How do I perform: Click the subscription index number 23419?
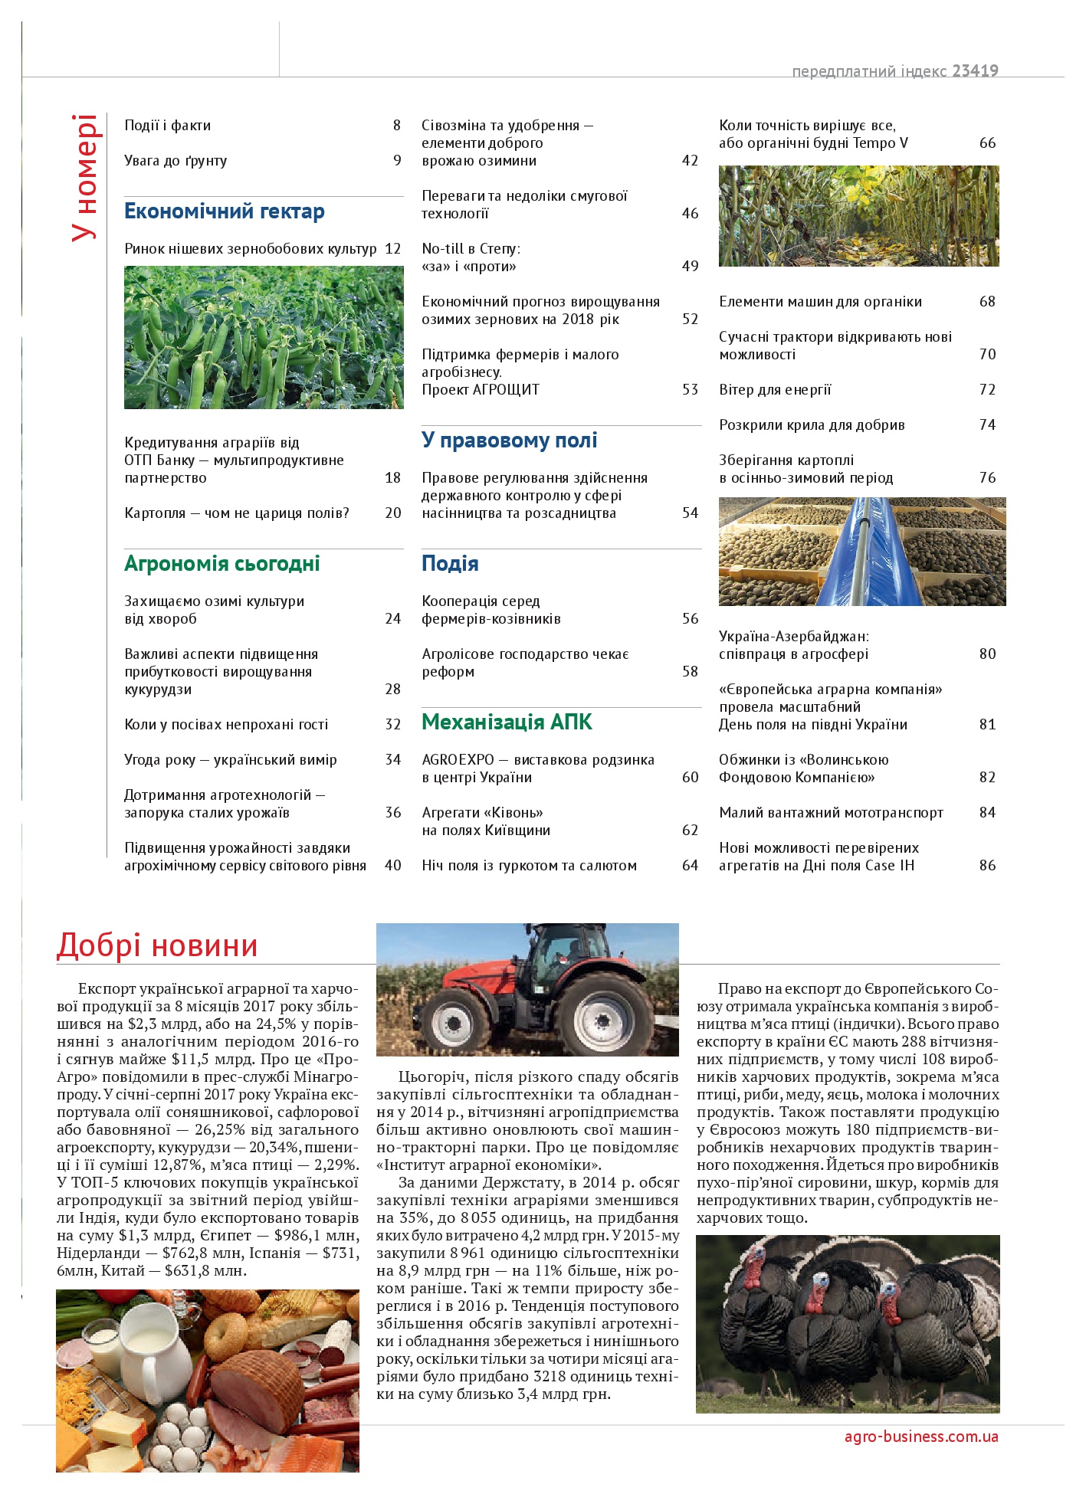975,71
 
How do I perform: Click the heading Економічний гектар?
225,211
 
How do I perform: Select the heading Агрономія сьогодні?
222,564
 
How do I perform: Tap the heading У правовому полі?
509,441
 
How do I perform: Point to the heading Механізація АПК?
507,722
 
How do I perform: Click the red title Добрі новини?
157,945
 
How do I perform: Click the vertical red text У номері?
84,178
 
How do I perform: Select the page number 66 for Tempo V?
987,143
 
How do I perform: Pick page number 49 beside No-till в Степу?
690,267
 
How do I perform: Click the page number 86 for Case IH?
987,866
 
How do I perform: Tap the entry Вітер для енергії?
775,390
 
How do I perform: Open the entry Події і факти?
167,126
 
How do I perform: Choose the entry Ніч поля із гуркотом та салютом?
529,866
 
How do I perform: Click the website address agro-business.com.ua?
921,1437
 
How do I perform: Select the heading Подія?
450,564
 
